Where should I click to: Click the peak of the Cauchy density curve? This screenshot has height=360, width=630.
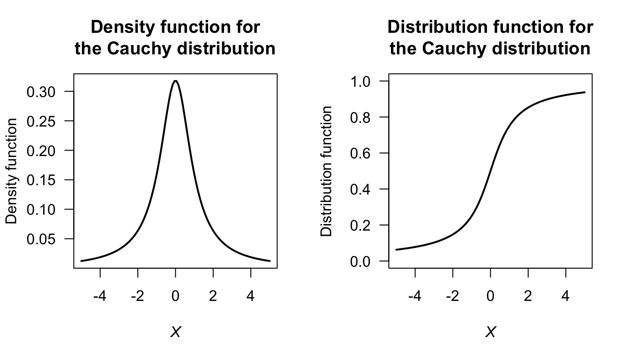point(175,81)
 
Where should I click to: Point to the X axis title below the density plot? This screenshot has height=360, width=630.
point(175,332)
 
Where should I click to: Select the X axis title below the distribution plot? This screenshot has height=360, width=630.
point(490,332)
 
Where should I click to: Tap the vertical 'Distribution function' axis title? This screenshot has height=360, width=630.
point(327,171)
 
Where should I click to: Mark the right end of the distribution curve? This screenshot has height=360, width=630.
point(585,92)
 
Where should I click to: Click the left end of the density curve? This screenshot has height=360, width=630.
point(81,261)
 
